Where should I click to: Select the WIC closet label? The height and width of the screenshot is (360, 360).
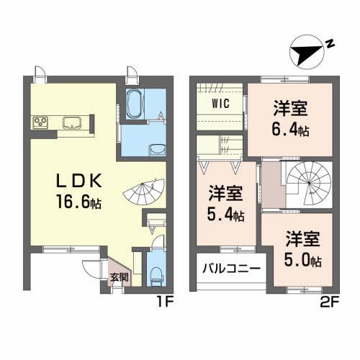pyautogui.click(x=220, y=103)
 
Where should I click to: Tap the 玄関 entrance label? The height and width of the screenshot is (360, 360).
pyautogui.click(x=118, y=277)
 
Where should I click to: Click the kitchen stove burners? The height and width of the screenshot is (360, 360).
pyautogui.click(x=40, y=121)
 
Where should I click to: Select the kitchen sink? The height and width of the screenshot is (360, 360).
pyautogui.click(x=71, y=122)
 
